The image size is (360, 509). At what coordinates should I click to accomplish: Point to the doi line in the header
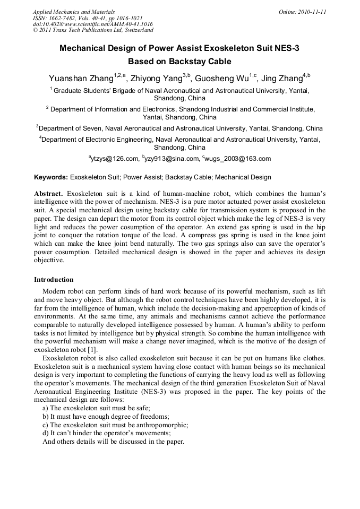[x=93, y=24]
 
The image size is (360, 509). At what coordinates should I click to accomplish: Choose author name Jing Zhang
[x=282, y=79]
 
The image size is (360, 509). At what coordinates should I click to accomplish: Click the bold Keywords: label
[x=51, y=177]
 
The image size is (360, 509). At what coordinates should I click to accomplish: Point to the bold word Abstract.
[x=49, y=194]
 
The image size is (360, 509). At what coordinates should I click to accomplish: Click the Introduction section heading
[x=54, y=280]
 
